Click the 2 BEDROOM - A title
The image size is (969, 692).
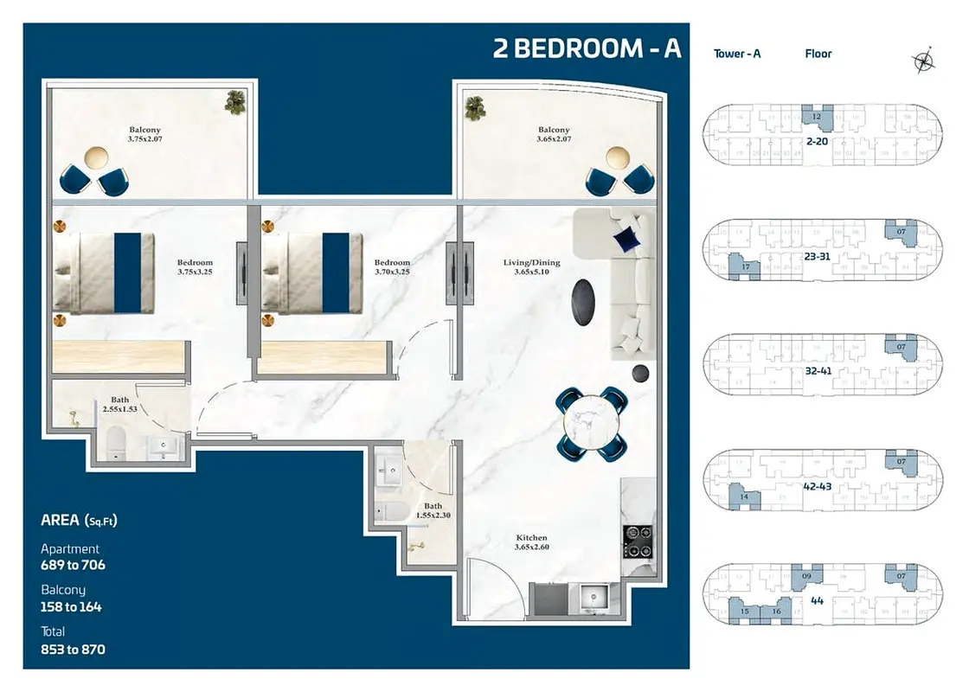(x=587, y=48)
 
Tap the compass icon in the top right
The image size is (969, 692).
(x=924, y=60)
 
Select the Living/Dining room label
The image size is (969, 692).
(x=532, y=267)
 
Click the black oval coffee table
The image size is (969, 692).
(x=584, y=302)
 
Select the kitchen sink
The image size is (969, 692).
(x=594, y=596)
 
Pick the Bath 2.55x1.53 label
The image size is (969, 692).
(x=119, y=404)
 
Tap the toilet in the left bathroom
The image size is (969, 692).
(x=116, y=447)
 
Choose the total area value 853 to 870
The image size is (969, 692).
(x=73, y=649)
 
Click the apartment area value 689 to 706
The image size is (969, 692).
(x=73, y=565)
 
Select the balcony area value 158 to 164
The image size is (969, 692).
(x=71, y=606)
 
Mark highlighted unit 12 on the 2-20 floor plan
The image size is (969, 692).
(x=817, y=116)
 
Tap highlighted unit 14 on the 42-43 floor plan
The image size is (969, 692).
(x=743, y=497)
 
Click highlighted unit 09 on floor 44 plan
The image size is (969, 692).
(x=806, y=576)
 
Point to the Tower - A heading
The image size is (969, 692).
(x=737, y=54)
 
